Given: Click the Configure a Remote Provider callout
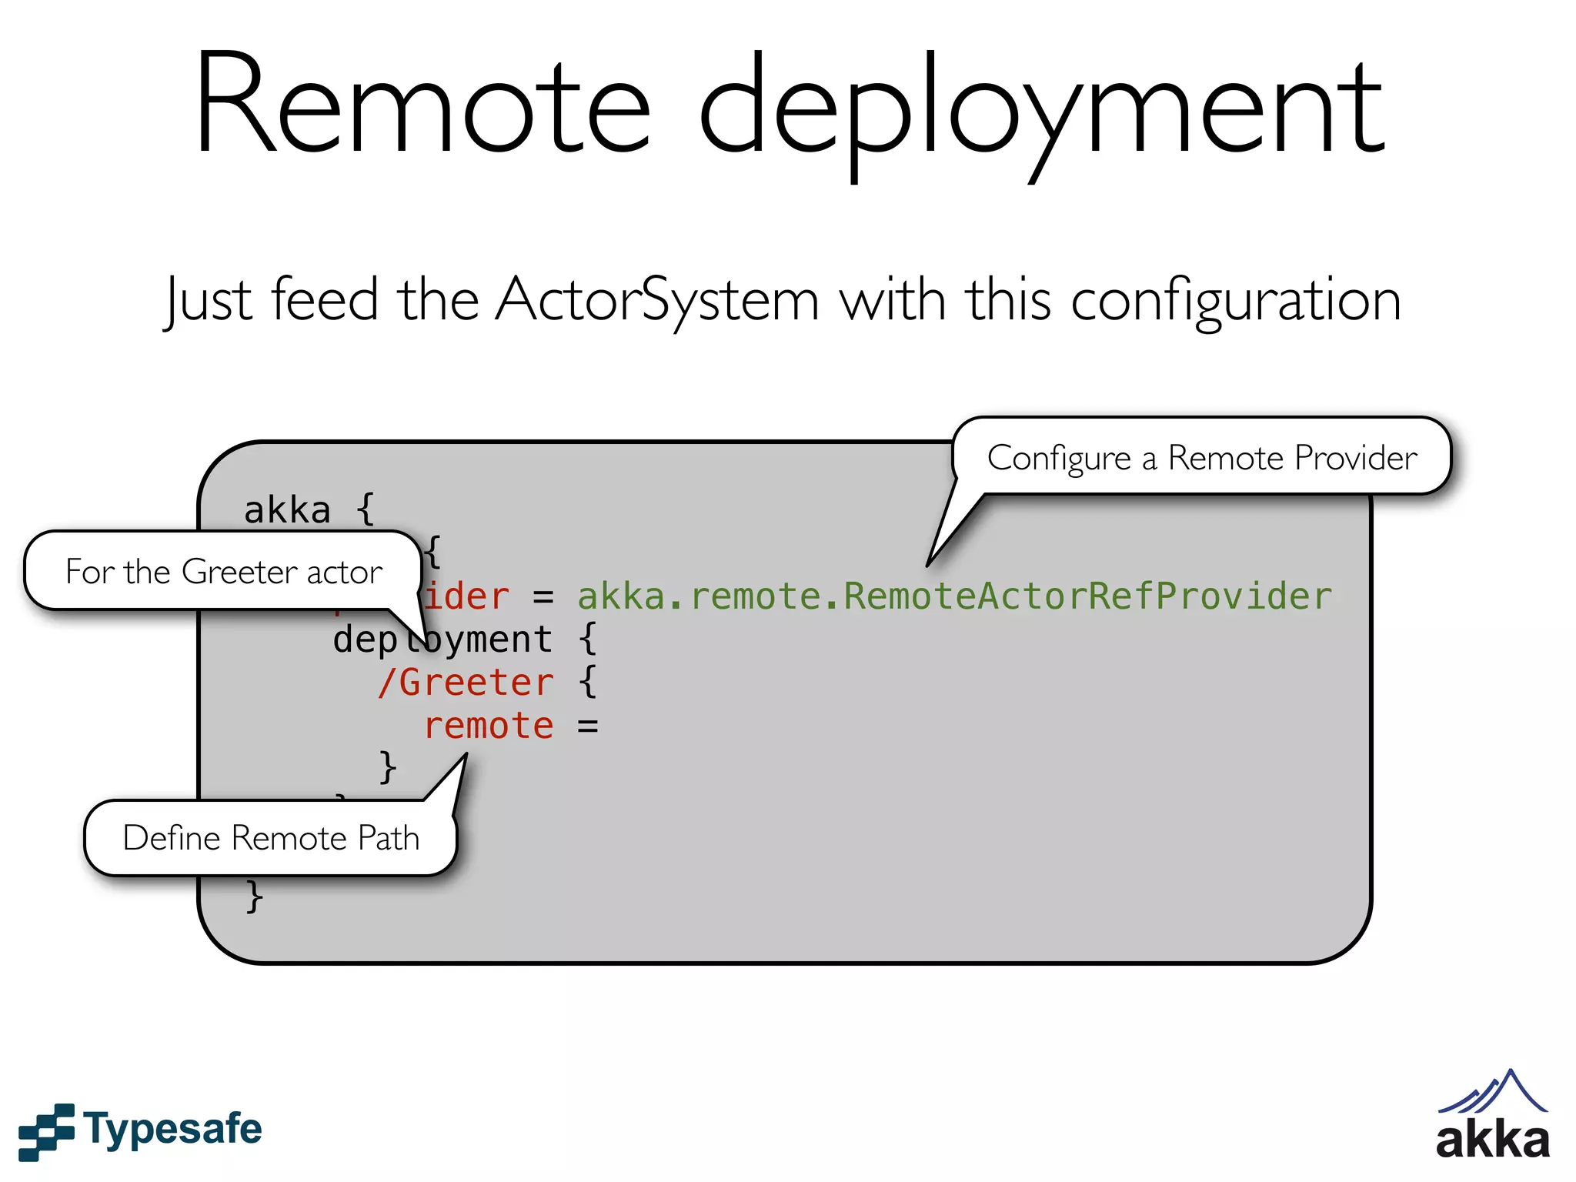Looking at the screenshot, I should (1201, 457).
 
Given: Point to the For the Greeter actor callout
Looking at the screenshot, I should (223, 571).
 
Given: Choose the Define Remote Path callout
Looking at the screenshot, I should (271, 837).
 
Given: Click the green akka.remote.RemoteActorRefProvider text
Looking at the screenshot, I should (954, 596).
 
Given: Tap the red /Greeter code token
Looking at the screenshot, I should (466, 683).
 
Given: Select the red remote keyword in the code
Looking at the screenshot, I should (489, 726).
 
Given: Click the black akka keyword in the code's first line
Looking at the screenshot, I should (287, 510).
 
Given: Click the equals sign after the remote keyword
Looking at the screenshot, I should (588, 726).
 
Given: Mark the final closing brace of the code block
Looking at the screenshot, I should (255, 897).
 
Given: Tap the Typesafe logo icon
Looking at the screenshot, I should (46, 1131).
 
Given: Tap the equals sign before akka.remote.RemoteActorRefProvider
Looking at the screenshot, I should (543, 597).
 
